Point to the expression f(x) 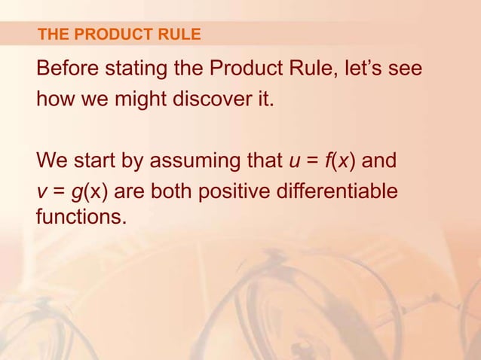(x=337, y=163)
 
